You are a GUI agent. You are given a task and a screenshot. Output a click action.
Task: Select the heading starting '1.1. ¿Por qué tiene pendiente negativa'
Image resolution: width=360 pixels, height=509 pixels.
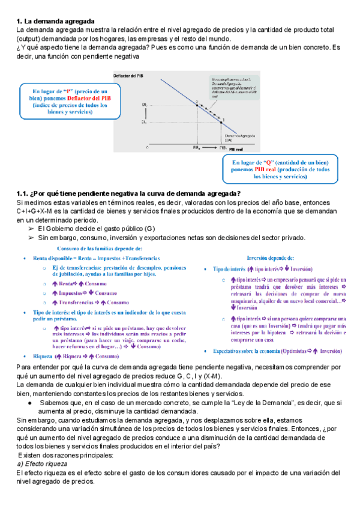pos(128,193)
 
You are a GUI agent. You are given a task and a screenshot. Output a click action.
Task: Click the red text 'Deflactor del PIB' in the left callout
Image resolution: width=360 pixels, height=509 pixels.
pos(88,96)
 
